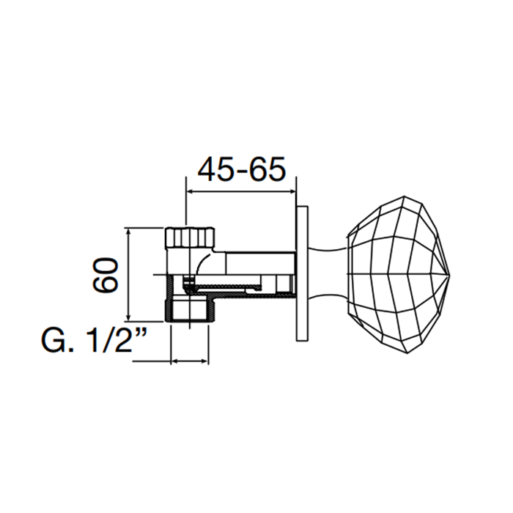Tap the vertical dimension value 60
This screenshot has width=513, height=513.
[x=106, y=275]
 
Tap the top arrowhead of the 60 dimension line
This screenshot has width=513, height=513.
[x=130, y=232]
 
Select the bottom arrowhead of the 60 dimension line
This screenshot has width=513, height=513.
[x=130, y=317]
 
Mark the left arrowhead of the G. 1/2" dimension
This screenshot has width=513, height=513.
[x=174, y=361]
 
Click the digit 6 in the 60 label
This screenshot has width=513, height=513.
[x=106, y=284]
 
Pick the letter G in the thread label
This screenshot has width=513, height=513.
[x=53, y=341]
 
